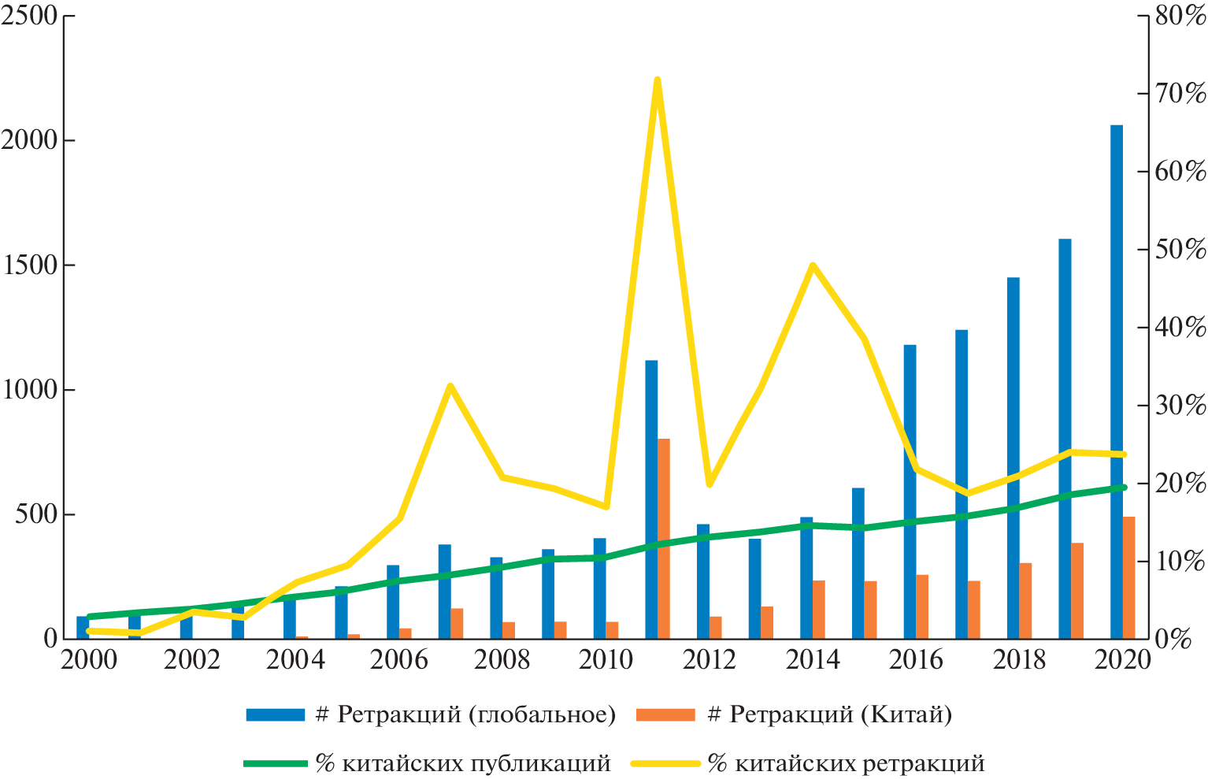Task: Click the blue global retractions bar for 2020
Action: pyautogui.click(x=1117, y=382)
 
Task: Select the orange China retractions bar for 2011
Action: pyautogui.click(x=664, y=538)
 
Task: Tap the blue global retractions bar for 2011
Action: pyautogui.click(x=651, y=499)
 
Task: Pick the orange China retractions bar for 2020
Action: pyautogui.click(x=1129, y=577)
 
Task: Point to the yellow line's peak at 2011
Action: pyautogui.click(x=657, y=80)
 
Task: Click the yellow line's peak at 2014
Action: pyautogui.click(x=813, y=265)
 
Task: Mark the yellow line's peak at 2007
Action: pyautogui.click(x=450, y=386)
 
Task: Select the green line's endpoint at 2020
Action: pyautogui.click(x=1124, y=488)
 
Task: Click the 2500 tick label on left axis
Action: pyautogui.click(x=30, y=16)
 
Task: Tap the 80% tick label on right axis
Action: pyautogui.click(x=1180, y=16)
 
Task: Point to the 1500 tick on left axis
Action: pyautogui.click(x=30, y=265)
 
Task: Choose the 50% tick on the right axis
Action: pyautogui.click(x=1180, y=250)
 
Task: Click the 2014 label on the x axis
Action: pyautogui.click(x=813, y=659)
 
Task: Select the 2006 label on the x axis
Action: pyautogui.click(x=398, y=659)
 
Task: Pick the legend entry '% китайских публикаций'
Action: pyautogui.click(x=428, y=762)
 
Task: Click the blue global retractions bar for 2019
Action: pyautogui.click(x=1065, y=438)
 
